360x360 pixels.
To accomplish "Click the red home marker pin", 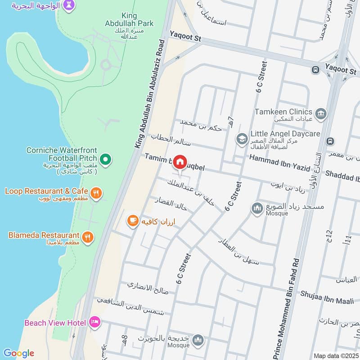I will pyautogui.click(x=180, y=162).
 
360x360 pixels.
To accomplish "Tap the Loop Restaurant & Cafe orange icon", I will pyautogui.click(x=95, y=193).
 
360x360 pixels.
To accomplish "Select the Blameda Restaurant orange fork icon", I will pyautogui.click(x=88, y=236).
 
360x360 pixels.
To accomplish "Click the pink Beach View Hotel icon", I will pyautogui.click(x=94, y=322).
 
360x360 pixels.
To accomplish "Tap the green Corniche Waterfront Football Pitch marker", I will pyautogui.click(x=105, y=158).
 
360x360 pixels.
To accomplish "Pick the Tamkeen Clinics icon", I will pyautogui.click(x=321, y=112).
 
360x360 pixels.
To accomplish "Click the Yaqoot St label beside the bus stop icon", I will pyautogui.click(x=341, y=72).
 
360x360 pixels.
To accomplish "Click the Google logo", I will pyautogui.click(x=18, y=353).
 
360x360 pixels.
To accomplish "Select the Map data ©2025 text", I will pyautogui.click(x=335, y=355).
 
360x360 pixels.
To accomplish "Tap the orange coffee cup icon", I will pyautogui.click(x=132, y=220).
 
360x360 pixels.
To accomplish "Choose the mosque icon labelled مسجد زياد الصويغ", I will pyautogui.click(x=257, y=208).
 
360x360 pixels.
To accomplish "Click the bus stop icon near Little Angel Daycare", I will pyautogui.click(x=331, y=141).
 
